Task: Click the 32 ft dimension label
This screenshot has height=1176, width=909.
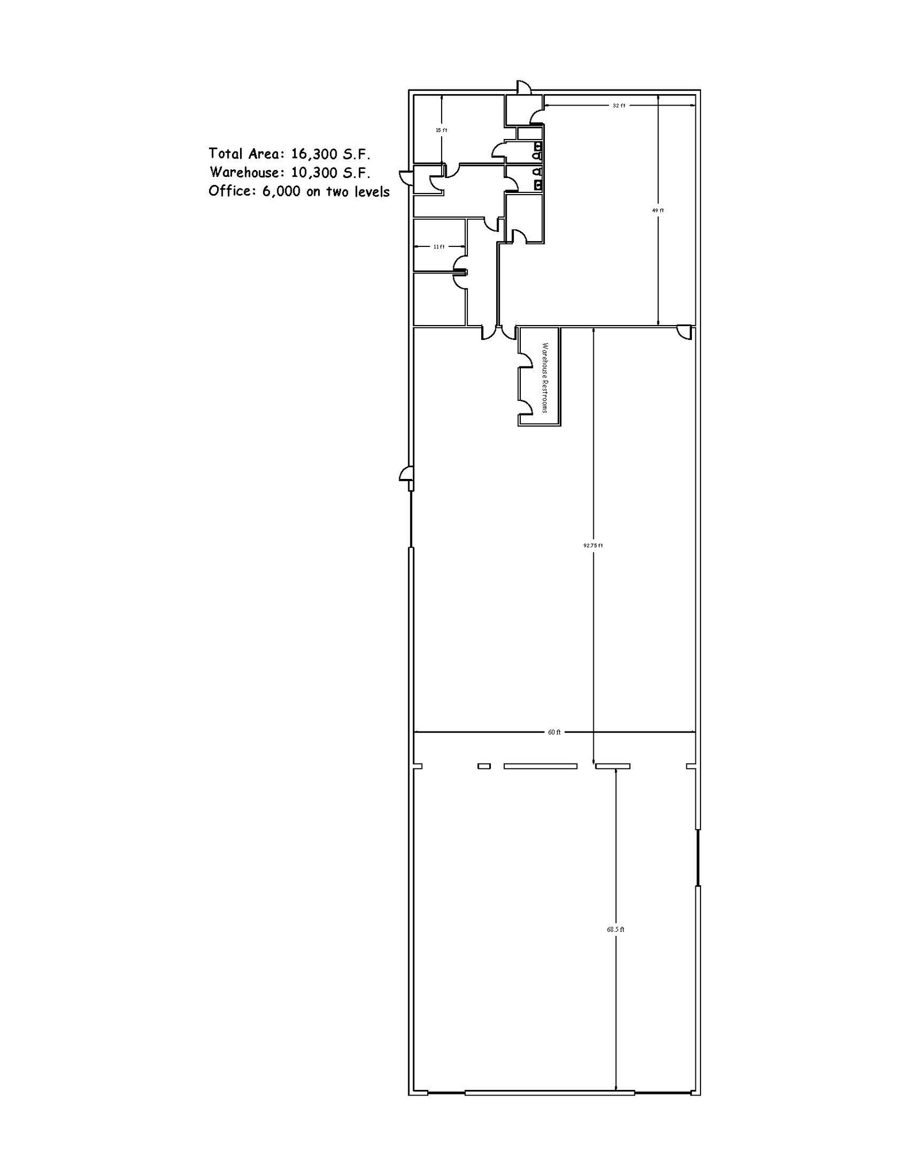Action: [618, 106]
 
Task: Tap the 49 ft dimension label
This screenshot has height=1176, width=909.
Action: [658, 211]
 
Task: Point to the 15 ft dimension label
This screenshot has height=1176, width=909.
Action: [441, 130]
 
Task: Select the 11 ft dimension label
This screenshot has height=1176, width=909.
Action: [439, 247]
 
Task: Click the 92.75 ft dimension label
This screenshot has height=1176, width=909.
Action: [593, 546]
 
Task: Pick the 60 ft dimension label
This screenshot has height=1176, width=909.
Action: [554, 732]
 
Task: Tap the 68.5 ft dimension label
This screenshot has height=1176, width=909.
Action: [616, 929]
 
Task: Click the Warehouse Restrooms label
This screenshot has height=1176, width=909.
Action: [545, 378]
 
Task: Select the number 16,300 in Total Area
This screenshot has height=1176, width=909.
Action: [314, 154]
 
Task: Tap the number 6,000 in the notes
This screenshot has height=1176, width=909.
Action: [281, 191]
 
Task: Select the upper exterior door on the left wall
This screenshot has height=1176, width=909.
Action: [406, 176]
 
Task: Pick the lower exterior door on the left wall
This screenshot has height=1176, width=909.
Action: [406, 474]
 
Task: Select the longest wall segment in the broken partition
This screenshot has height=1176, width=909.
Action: [540, 766]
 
